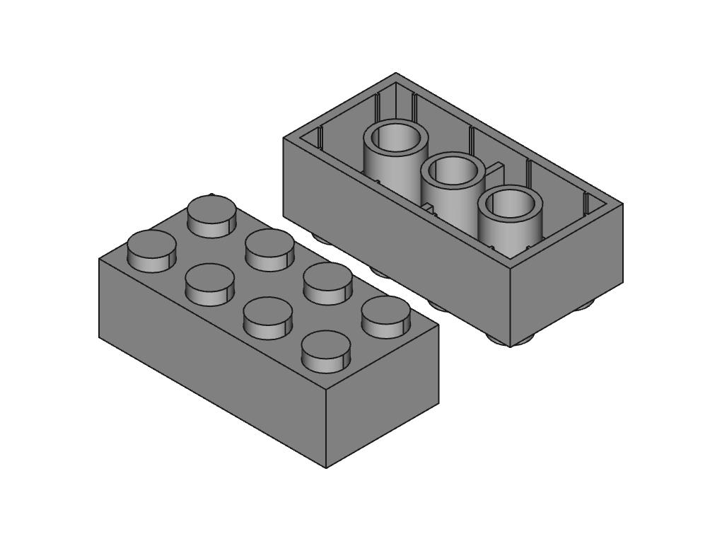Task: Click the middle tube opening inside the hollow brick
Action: [x=453, y=170]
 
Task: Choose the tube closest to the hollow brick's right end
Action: [x=510, y=204]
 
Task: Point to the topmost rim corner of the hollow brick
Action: [x=395, y=73]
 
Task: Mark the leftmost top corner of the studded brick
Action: [x=99, y=259]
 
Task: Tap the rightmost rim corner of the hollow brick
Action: [x=622, y=204]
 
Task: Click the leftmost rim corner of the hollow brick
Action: [x=284, y=137]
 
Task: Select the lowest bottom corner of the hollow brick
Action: [x=510, y=347]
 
